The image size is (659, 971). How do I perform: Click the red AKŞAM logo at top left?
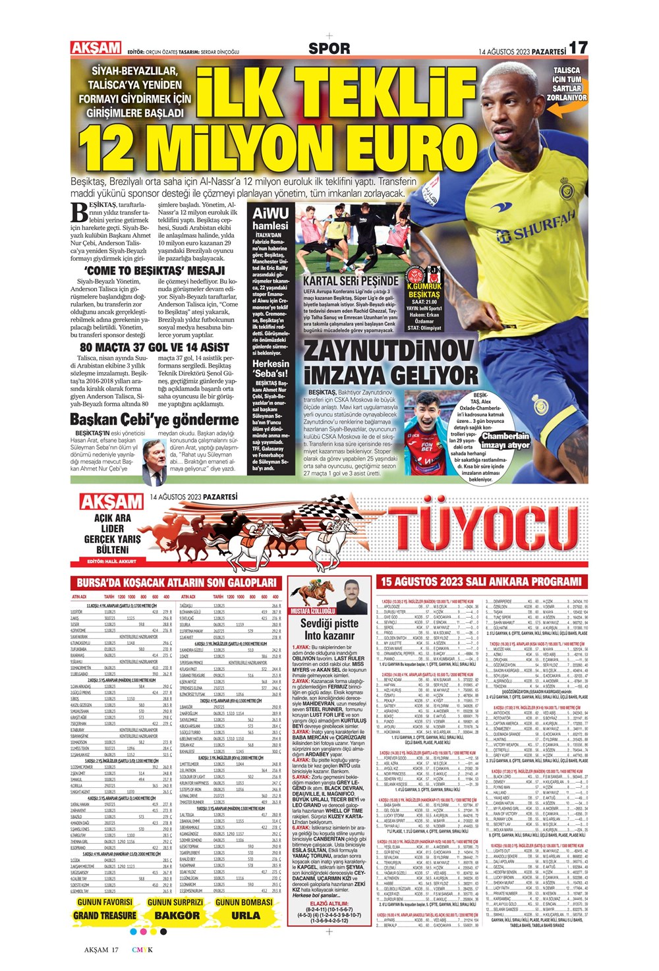click(96, 47)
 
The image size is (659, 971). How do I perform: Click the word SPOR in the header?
click(329, 48)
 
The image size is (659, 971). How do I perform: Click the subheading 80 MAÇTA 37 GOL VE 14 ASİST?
click(154, 347)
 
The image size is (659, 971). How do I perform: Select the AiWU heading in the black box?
click(270, 214)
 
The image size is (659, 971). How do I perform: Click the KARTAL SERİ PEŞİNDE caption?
click(350, 280)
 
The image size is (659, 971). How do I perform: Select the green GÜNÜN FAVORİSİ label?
click(105, 902)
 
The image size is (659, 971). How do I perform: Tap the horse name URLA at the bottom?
click(245, 915)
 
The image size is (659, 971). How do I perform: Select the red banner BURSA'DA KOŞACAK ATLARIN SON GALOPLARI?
click(177, 582)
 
